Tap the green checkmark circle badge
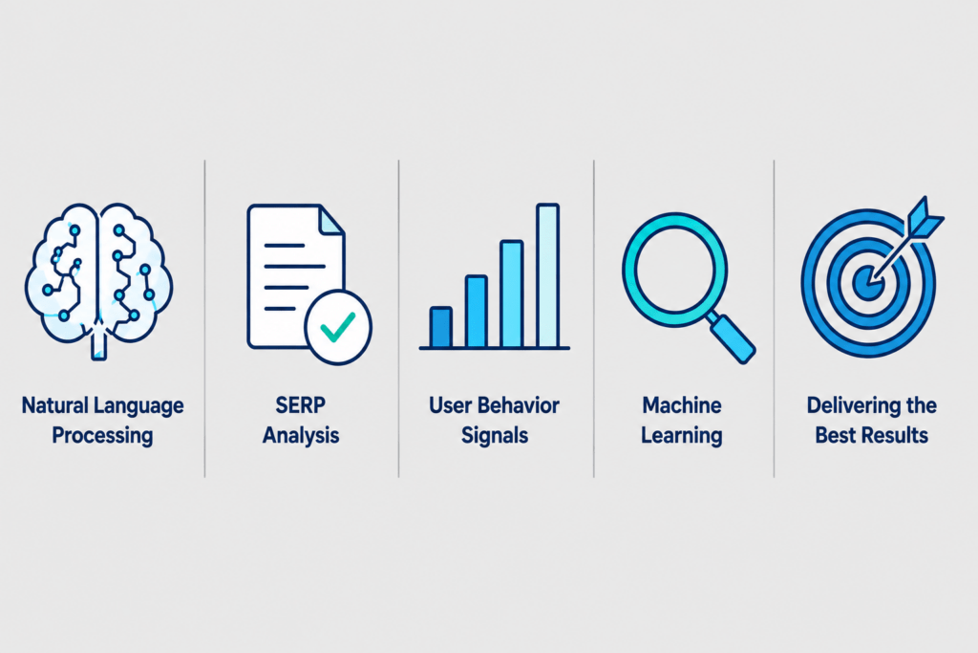tap(338, 327)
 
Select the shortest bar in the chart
tap(441, 327)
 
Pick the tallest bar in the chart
tap(547, 275)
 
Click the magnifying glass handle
tap(731, 337)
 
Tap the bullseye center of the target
tap(868, 283)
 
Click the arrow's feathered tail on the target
tap(925, 217)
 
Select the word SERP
tap(301, 405)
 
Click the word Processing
tap(102, 435)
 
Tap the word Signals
tap(495, 435)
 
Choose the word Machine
tap(682, 405)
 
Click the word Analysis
tap(301, 435)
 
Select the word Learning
tap(682, 435)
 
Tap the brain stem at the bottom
tap(98, 345)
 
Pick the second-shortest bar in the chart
tap(477, 311)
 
